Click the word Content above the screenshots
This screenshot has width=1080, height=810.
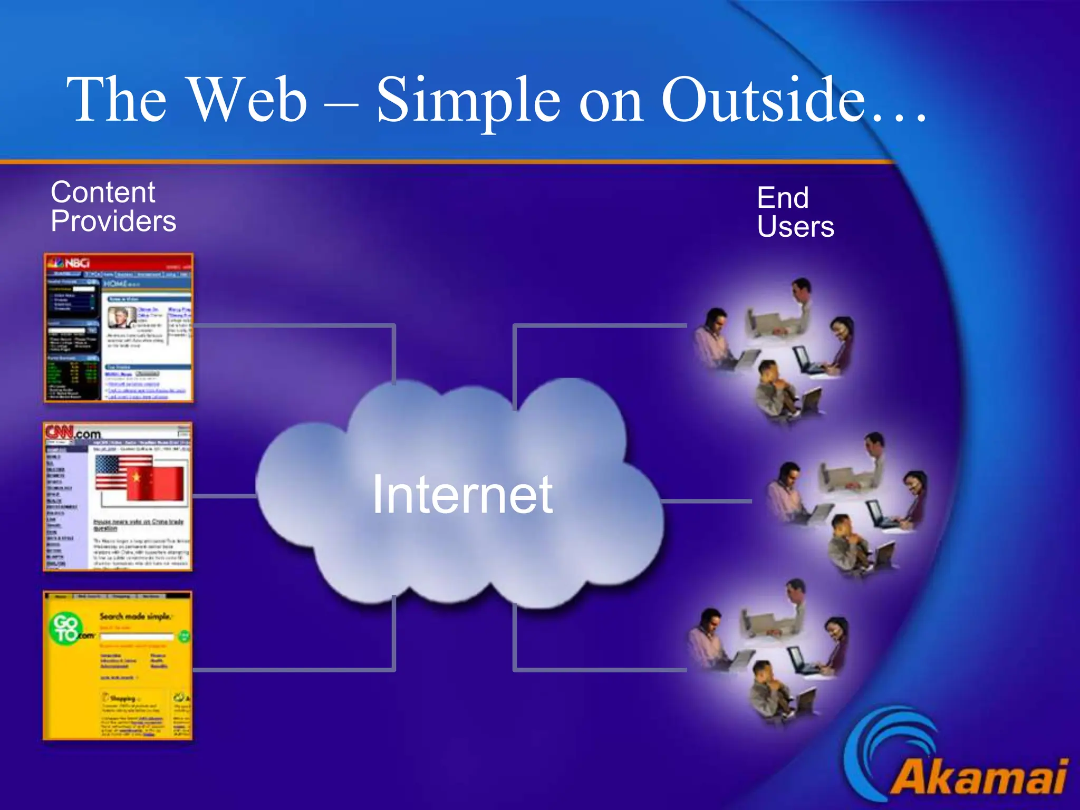pos(103,192)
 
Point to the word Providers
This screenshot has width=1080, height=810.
pos(113,221)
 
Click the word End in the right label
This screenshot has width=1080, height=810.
pos(783,198)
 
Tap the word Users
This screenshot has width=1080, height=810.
pos(795,227)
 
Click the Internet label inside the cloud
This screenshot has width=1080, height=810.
pos(462,495)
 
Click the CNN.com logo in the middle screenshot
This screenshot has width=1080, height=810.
pos(73,433)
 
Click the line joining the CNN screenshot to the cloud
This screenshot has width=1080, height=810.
pos(224,496)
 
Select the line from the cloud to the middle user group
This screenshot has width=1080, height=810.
pos(707,501)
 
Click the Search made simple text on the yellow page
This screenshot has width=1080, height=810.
pos(135,616)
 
